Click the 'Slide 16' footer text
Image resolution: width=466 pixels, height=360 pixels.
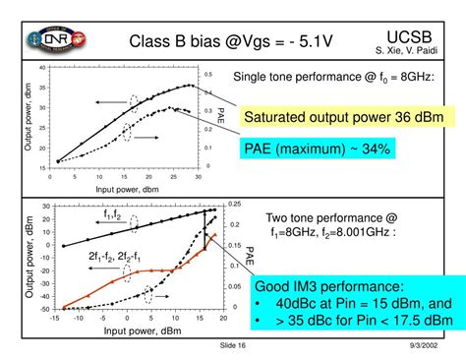(x=233, y=346)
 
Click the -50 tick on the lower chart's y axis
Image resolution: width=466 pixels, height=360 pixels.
(x=44, y=309)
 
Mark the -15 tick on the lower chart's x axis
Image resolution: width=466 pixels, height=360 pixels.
(x=54, y=318)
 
